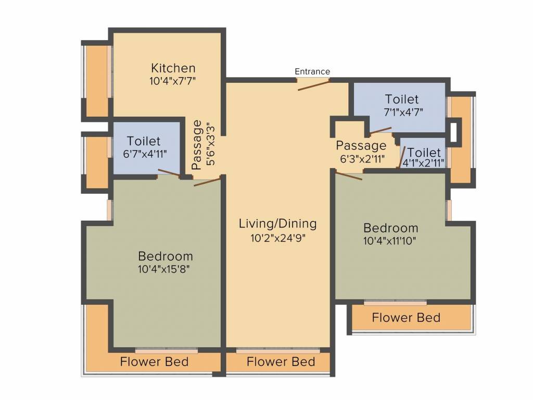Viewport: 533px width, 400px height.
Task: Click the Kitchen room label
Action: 173,68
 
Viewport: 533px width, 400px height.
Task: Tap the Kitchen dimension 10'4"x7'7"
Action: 173,81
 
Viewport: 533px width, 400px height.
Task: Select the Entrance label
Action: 312,71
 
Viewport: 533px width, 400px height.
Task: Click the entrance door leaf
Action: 313,85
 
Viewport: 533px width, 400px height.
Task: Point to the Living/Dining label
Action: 278,224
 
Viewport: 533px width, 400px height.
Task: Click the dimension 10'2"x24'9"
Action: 278,238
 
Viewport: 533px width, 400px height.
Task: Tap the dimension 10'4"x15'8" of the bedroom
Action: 164,269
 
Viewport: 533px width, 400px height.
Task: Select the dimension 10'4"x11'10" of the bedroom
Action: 390,241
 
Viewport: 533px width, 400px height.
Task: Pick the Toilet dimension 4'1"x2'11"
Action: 424,163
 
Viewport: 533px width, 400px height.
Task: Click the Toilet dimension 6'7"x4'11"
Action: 145,154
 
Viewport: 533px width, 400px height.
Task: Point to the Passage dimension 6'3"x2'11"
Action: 362,158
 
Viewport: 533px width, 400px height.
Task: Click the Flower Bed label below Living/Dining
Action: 281,361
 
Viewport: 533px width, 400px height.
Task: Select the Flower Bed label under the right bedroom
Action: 406,318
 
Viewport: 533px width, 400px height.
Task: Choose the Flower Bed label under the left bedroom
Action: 154,361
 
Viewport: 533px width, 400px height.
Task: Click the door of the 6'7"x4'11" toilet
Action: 169,173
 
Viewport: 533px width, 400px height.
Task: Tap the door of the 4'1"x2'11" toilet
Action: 401,157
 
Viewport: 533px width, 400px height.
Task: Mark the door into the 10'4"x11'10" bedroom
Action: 349,176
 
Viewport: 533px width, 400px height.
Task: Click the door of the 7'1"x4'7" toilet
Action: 380,130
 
